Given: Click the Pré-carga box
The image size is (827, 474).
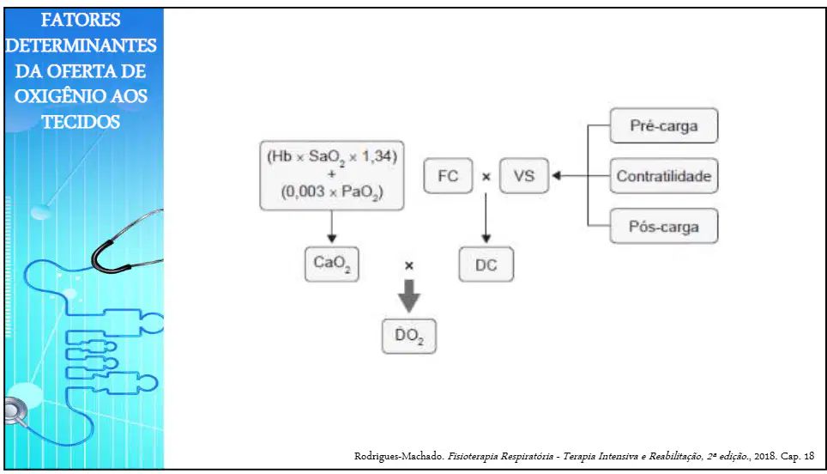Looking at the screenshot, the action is click(663, 125).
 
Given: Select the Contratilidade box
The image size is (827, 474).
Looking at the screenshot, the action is click(663, 176).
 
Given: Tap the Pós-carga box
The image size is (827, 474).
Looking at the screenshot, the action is click(663, 226).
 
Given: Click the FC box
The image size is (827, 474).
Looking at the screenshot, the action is click(448, 176).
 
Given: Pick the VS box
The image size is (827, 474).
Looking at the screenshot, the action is click(523, 176).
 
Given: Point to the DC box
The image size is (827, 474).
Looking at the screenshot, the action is click(486, 264).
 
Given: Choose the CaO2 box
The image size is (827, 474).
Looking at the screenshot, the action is click(331, 264).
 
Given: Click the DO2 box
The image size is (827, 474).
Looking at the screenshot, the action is click(408, 337).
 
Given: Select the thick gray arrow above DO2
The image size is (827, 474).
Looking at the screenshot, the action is click(408, 296).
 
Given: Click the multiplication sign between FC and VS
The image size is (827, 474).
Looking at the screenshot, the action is click(486, 177).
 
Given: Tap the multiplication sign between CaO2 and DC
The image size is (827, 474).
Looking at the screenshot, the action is click(408, 265).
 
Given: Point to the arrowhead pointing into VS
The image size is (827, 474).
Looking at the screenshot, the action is click(556, 176).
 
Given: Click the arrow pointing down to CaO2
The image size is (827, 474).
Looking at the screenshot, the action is click(331, 227).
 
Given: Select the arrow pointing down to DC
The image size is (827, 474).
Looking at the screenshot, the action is click(486, 218).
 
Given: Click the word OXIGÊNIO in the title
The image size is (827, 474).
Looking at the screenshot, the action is click(51, 96).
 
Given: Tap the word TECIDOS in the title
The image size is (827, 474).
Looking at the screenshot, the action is click(81, 122).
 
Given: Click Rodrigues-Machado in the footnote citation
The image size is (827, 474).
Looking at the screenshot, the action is click(399, 456).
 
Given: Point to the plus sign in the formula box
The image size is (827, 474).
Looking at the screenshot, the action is click(332, 173).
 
